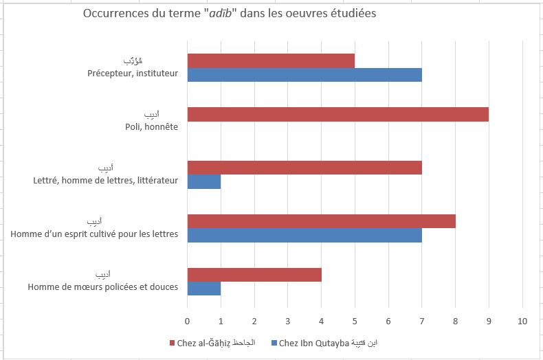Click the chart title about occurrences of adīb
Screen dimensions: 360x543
[230, 14]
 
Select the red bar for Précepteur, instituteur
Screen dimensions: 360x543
[271, 60]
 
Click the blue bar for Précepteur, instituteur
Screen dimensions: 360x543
[304, 75]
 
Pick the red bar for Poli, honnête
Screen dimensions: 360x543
[337, 114]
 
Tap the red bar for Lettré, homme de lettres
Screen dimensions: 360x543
[304, 168]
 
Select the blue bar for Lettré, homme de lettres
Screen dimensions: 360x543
[204, 181]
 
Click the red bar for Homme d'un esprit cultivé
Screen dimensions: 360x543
[321, 221]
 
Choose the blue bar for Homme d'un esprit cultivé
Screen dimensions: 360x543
[304, 235]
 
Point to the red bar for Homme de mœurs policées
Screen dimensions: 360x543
[254, 274]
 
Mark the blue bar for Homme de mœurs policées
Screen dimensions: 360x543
[204, 288]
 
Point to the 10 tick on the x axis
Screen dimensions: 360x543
[522, 320]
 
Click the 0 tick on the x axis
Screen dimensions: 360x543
[187, 320]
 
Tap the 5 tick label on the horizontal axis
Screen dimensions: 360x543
[355, 320]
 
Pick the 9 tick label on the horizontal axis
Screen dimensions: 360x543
[489, 320]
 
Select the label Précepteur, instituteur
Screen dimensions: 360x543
[133, 74]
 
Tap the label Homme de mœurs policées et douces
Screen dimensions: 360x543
[103, 286]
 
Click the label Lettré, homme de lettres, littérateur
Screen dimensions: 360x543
[106, 181]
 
